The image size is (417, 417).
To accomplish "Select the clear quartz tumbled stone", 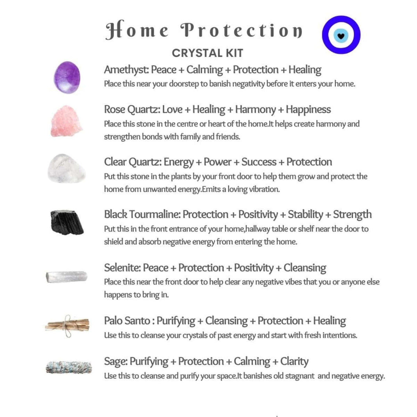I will (x=66, y=169).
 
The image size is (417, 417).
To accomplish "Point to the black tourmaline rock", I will (x=67, y=222).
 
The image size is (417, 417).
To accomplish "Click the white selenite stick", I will (x=66, y=277).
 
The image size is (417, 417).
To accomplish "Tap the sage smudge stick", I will (x=68, y=367).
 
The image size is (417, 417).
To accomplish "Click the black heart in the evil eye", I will (x=341, y=35).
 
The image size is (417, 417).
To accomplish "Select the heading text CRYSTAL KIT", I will (x=207, y=53).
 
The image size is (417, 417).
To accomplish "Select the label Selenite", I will (x=122, y=268).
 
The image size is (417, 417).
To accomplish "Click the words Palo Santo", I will (x=127, y=321).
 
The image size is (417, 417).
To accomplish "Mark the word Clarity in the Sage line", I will (x=294, y=361).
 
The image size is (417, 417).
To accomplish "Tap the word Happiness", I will (x=308, y=110).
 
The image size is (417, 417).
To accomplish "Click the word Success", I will (x=259, y=162).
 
